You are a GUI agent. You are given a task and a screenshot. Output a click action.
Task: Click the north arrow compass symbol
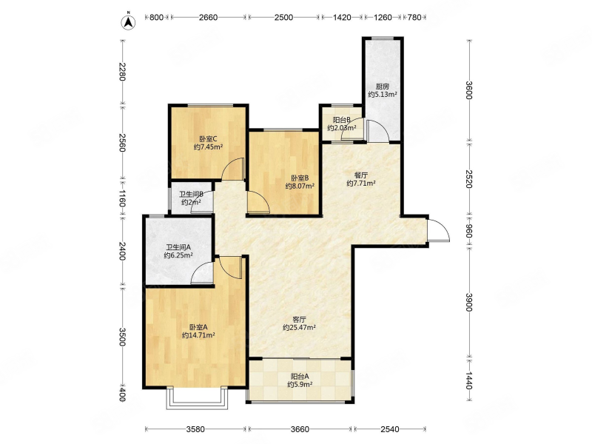tap(128, 21)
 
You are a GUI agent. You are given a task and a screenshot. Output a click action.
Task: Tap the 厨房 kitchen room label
tap(382, 87)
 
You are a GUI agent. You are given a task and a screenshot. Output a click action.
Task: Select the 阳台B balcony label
tap(342, 120)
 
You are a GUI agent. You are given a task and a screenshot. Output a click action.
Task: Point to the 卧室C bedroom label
tap(208, 138)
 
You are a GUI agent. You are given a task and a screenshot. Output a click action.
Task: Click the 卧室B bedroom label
tap(300, 178)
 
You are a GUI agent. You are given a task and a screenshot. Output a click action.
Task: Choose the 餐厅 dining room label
tap(361, 175)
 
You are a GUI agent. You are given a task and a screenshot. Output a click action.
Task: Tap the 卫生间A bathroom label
tap(178, 247)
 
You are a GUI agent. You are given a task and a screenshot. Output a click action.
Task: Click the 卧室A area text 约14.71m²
tap(198, 335)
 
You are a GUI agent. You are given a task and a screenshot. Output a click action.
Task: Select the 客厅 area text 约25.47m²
tap(300, 328)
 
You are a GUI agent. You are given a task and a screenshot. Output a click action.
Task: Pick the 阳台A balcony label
tap(300, 377)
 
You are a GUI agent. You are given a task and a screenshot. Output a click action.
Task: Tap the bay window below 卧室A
tap(198, 397)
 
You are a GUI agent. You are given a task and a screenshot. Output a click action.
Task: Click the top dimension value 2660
tap(209, 17)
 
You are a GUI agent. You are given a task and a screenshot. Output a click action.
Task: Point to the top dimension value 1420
tap(342, 17)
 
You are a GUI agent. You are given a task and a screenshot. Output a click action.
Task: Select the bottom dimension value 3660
tap(300, 429)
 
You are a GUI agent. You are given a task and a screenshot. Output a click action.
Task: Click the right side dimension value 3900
tap(468, 302)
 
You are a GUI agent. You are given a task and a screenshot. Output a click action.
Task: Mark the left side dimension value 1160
tap(121, 198)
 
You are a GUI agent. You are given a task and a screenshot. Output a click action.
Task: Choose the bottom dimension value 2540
tap(390, 429)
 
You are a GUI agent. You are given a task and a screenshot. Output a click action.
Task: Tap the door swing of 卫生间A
tap(202, 272)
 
